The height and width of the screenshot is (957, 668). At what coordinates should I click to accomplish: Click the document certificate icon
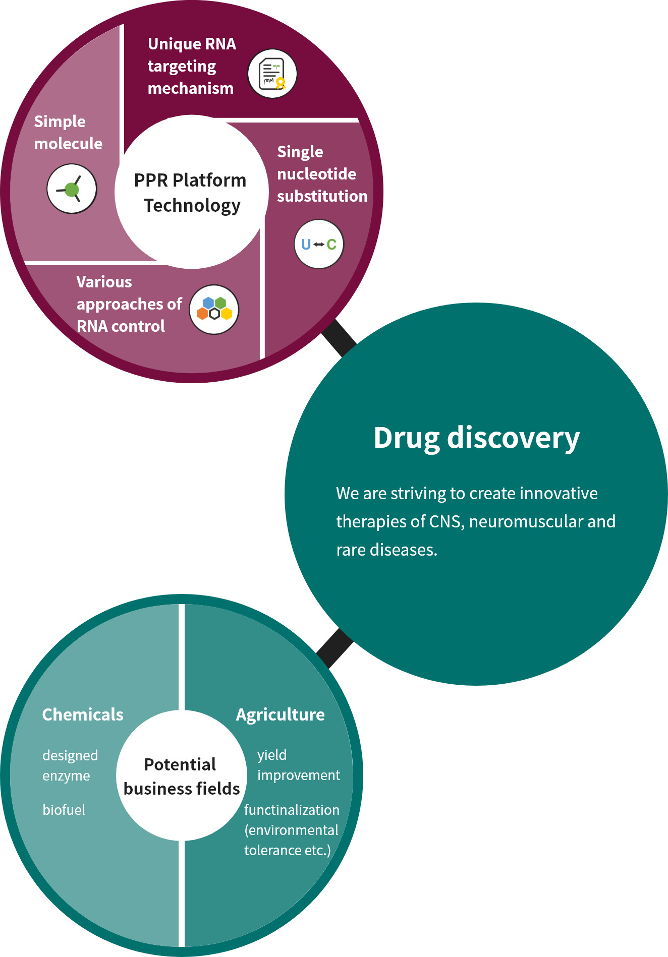coord(272,74)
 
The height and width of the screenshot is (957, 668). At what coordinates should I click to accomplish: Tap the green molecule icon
coord(72,189)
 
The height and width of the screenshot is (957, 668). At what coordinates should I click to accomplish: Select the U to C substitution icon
coord(318,245)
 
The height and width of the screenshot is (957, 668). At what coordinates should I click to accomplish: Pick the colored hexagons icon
coord(214,310)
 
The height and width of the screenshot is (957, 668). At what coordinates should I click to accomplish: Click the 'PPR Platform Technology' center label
coord(191,193)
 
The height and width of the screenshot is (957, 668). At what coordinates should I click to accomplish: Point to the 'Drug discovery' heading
coord(476,438)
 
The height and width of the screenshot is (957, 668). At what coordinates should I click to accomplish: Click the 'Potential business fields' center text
coord(181,776)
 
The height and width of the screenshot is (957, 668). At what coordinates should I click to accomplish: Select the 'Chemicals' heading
coord(83,714)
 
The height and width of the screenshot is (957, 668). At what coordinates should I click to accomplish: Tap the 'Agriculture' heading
coord(280,714)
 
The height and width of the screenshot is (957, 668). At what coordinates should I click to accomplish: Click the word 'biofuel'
coord(64,810)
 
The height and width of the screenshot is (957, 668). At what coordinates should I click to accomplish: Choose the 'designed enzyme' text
coord(70,765)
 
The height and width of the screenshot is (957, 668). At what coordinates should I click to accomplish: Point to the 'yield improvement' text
coord(298,765)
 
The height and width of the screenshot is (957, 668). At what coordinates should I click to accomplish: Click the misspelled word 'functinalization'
coord(292,810)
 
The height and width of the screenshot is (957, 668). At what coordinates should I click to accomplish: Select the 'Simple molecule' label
coord(68,133)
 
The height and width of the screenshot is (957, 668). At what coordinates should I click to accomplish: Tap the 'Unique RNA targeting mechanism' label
coord(192,66)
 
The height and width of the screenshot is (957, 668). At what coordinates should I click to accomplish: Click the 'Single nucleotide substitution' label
coord(322,174)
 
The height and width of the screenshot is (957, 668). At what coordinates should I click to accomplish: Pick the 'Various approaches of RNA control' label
coord(129,304)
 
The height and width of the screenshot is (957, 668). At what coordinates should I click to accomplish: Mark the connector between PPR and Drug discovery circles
coord(339,338)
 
